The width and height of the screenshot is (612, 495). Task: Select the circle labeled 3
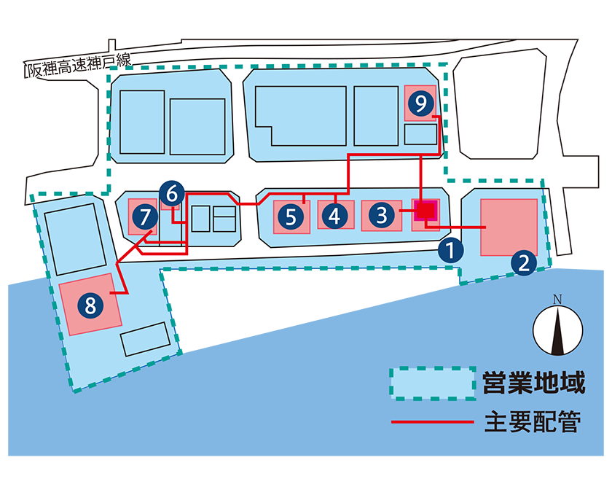(381, 215)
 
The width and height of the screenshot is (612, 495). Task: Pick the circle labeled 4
(334, 216)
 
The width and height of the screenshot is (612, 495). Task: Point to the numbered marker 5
(291, 217)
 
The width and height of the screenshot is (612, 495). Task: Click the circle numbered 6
(172, 194)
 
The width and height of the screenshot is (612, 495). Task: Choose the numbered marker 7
(145, 217)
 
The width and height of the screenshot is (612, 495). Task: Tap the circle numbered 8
(90, 305)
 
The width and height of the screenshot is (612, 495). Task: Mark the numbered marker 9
(420, 104)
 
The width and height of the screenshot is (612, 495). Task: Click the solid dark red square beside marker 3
(425, 211)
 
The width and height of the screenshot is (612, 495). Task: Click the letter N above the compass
(557, 300)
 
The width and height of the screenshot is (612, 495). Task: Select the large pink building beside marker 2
(509, 227)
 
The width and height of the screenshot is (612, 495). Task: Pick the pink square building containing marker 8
(90, 305)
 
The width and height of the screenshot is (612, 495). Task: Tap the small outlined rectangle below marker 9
(420, 135)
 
